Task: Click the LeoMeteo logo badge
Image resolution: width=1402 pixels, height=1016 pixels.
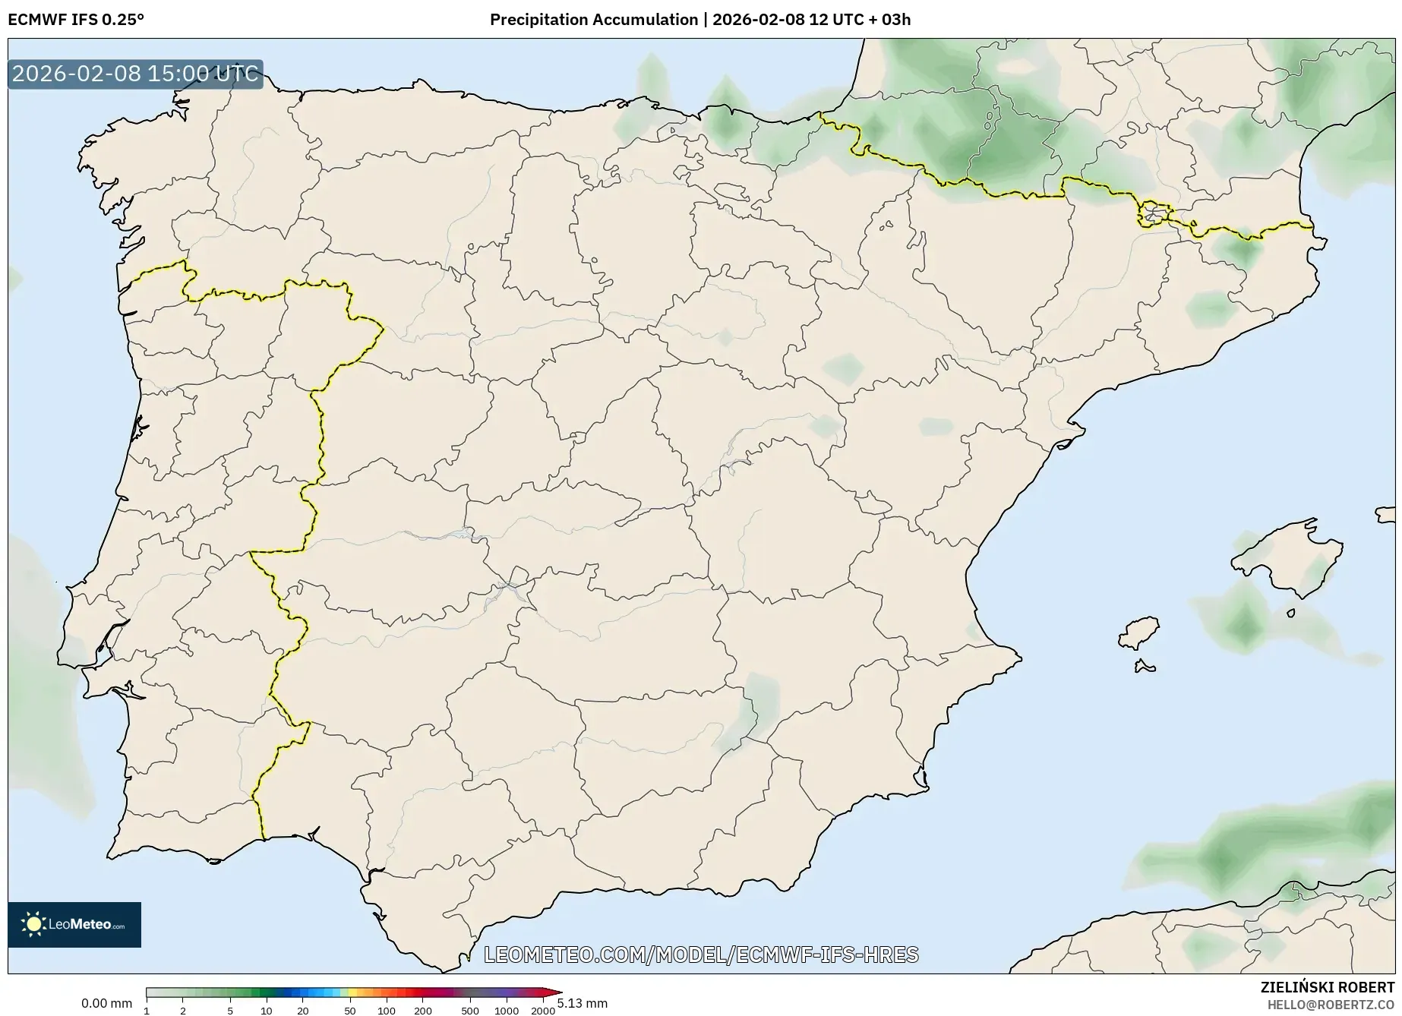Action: click(74, 924)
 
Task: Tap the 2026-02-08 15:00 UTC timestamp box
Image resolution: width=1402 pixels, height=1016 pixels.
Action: click(135, 74)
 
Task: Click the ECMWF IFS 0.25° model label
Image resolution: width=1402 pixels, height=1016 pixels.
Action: click(75, 20)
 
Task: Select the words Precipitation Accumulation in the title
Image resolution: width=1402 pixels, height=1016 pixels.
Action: click(593, 20)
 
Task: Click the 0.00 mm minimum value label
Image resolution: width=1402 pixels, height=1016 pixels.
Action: click(106, 1003)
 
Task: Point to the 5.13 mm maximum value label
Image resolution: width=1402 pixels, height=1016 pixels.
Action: click(583, 1003)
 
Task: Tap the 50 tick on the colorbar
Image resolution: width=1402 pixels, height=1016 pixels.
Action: click(350, 1011)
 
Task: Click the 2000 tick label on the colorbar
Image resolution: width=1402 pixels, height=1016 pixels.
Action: click(542, 1011)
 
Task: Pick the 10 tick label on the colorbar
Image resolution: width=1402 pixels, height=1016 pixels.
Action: click(267, 1011)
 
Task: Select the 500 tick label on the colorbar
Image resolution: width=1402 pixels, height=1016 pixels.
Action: click(470, 1011)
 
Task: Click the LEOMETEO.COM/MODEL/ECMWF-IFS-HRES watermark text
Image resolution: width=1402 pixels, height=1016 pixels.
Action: click(701, 954)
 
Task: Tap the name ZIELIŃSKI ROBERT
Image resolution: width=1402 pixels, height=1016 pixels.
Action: click(1328, 988)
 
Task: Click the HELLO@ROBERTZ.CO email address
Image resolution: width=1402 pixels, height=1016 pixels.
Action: click(1331, 1005)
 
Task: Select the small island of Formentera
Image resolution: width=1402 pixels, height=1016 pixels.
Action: click(1145, 667)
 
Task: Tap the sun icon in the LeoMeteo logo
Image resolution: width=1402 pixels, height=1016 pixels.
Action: click(34, 924)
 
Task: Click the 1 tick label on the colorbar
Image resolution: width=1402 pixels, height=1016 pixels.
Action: click(147, 1011)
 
